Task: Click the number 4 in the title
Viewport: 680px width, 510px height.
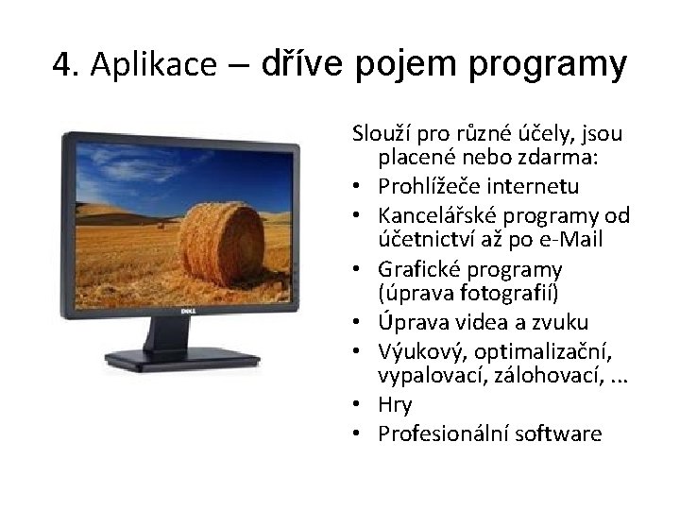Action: coord(63,65)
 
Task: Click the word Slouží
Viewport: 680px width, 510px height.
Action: coord(379,130)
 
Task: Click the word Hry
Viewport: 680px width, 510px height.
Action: coord(395,405)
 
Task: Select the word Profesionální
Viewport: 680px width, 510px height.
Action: coord(443,433)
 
